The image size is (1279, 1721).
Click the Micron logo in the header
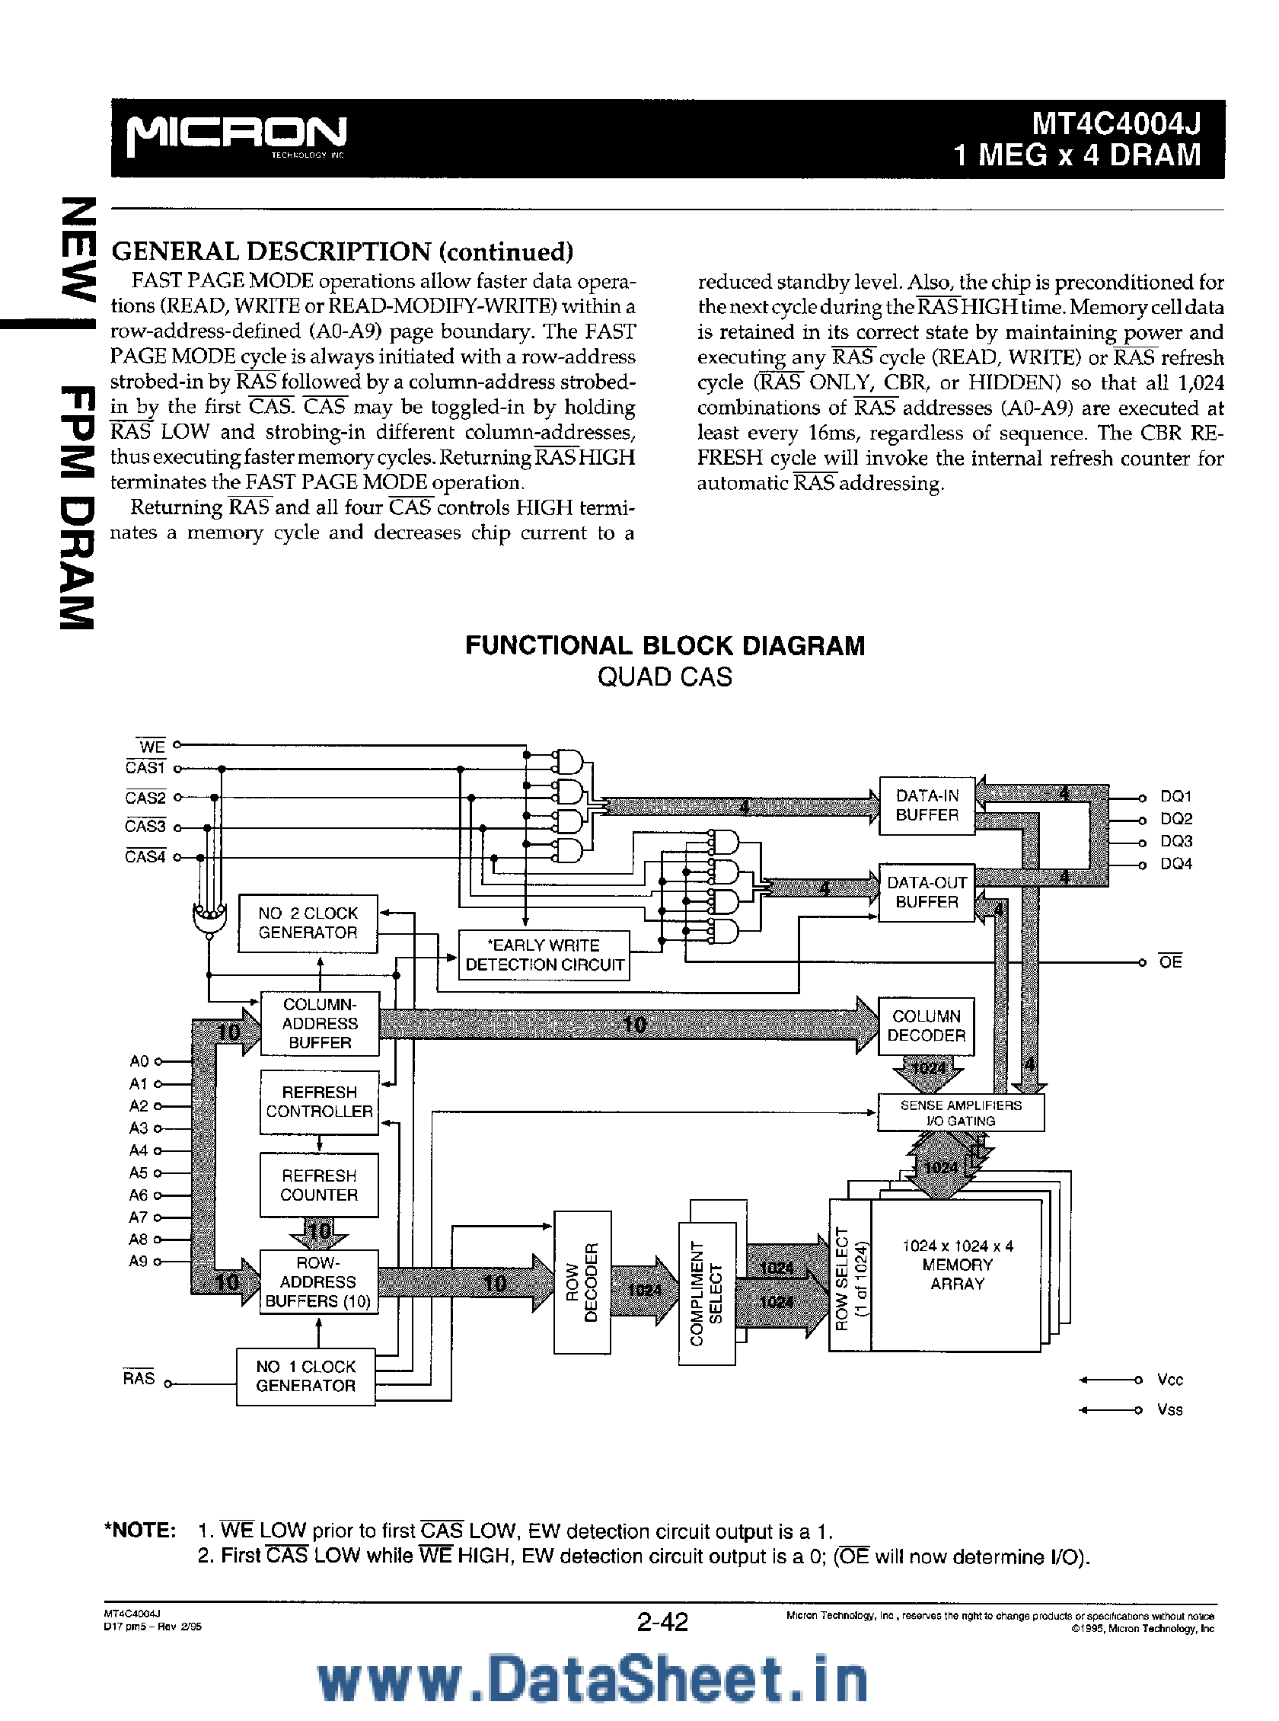pyautogui.click(x=236, y=136)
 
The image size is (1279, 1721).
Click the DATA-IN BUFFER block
pyautogui.click(x=927, y=805)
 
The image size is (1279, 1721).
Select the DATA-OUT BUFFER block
pyautogui.click(x=927, y=892)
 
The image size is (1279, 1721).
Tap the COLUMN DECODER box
pyautogui.click(x=926, y=1025)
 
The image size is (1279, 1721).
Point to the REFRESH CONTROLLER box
pyautogui.click(x=319, y=1102)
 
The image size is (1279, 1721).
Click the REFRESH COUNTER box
pyautogui.click(x=319, y=1185)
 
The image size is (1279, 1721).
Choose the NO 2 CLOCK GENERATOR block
pyautogui.click(x=308, y=923)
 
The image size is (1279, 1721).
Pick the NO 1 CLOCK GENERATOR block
pyautogui.click(x=305, y=1377)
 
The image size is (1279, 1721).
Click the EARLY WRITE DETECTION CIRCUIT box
pyautogui.click(x=544, y=955)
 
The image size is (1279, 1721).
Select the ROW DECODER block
pyautogui.click(x=582, y=1282)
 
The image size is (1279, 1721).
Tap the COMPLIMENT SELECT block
pyautogui.click(x=706, y=1294)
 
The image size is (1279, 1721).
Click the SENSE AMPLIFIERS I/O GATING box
pyautogui.click(x=960, y=1112)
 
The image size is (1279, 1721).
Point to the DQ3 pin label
pyautogui.click(x=1175, y=841)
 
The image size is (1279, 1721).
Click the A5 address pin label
pyautogui.click(x=138, y=1172)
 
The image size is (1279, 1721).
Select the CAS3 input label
pyautogui.click(x=145, y=827)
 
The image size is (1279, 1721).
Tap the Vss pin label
pyautogui.click(x=1169, y=1409)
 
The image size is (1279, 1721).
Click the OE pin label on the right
pyautogui.click(x=1170, y=962)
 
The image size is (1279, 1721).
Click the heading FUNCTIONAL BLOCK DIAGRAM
pyautogui.click(x=665, y=646)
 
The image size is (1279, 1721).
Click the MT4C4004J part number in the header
pyautogui.click(x=1115, y=124)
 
